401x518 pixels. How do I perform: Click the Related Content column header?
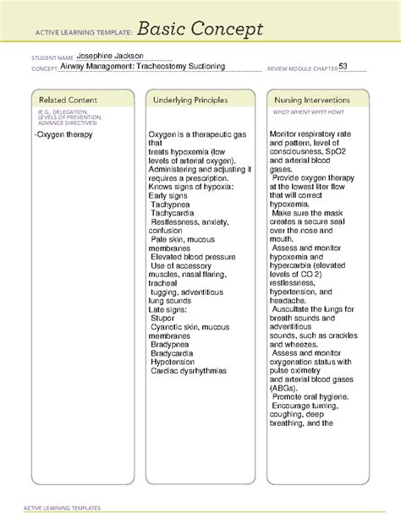point(63,100)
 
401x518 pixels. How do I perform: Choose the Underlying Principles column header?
point(191,100)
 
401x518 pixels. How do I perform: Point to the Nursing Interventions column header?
point(313,100)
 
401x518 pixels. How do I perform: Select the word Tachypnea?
point(173,204)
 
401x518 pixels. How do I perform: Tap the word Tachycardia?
point(176,214)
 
